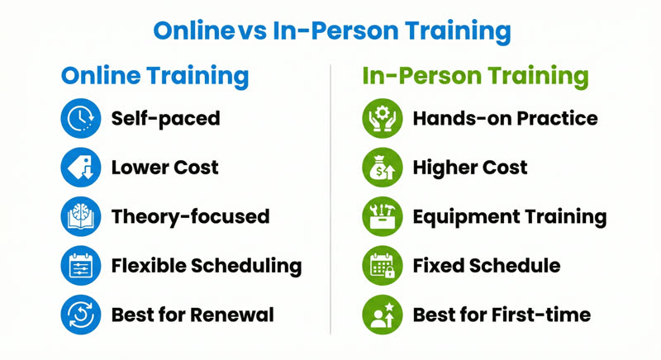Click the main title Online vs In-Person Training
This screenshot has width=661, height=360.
click(x=330, y=31)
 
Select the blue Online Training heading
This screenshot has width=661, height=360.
click(x=155, y=76)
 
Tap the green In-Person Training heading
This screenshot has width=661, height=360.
click(x=476, y=76)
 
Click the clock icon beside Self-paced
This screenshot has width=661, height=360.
click(x=81, y=119)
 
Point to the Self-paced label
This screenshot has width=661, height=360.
click(x=165, y=119)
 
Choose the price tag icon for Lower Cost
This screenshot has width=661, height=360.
click(x=81, y=168)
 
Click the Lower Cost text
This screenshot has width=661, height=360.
click(x=164, y=168)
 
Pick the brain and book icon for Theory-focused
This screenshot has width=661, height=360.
click(x=81, y=216)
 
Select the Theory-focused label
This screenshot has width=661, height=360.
click(x=190, y=216)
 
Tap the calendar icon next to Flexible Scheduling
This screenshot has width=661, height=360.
click(x=81, y=265)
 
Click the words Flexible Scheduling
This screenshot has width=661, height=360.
click(x=206, y=265)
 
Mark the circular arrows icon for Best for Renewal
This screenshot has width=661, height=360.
click(x=81, y=314)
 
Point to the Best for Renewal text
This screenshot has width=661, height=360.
click(x=193, y=314)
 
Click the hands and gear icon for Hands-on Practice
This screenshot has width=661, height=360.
click(x=382, y=119)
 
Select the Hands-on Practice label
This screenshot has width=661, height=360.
click(x=505, y=119)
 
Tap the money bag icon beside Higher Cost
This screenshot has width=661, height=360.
click(x=382, y=168)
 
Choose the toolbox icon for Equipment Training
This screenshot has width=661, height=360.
click(x=382, y=216)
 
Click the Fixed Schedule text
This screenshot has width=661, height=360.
click(x=487, y=265)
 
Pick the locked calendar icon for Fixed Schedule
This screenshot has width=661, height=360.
click(x=382, y=265)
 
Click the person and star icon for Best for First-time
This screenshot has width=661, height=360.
click(x=382, y=314)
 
